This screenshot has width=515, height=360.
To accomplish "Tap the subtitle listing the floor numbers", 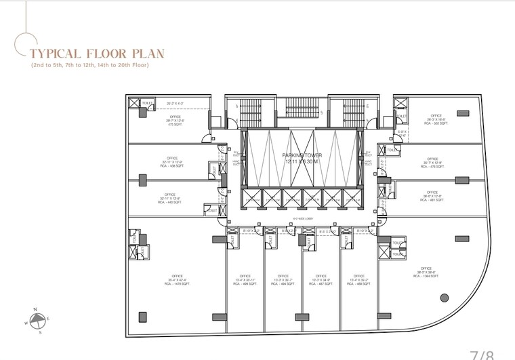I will click(89, 65).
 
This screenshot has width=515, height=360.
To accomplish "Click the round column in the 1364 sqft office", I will click(445, 297).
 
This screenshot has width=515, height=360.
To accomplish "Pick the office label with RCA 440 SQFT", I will click(169, 199).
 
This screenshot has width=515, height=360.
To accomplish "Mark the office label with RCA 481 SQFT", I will click(432, 197).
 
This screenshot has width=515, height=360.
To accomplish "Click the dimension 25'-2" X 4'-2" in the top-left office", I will click(176, 103).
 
